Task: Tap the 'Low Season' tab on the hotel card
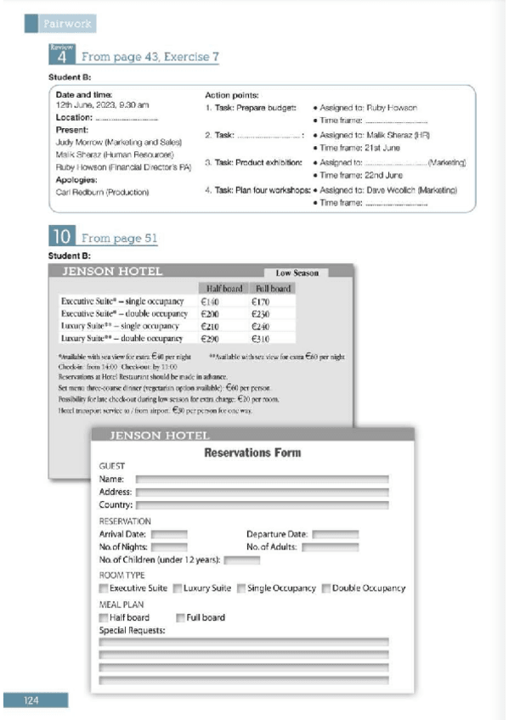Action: [297, 273]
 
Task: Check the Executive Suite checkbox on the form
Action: [104, 588]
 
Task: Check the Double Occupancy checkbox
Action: [326, 588]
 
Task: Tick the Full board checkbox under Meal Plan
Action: [180, 617]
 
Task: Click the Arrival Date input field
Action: [169, 535]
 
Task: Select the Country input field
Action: [263, 505]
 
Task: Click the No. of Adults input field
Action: [325, 548]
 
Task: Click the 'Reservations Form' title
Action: [252, 453]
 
